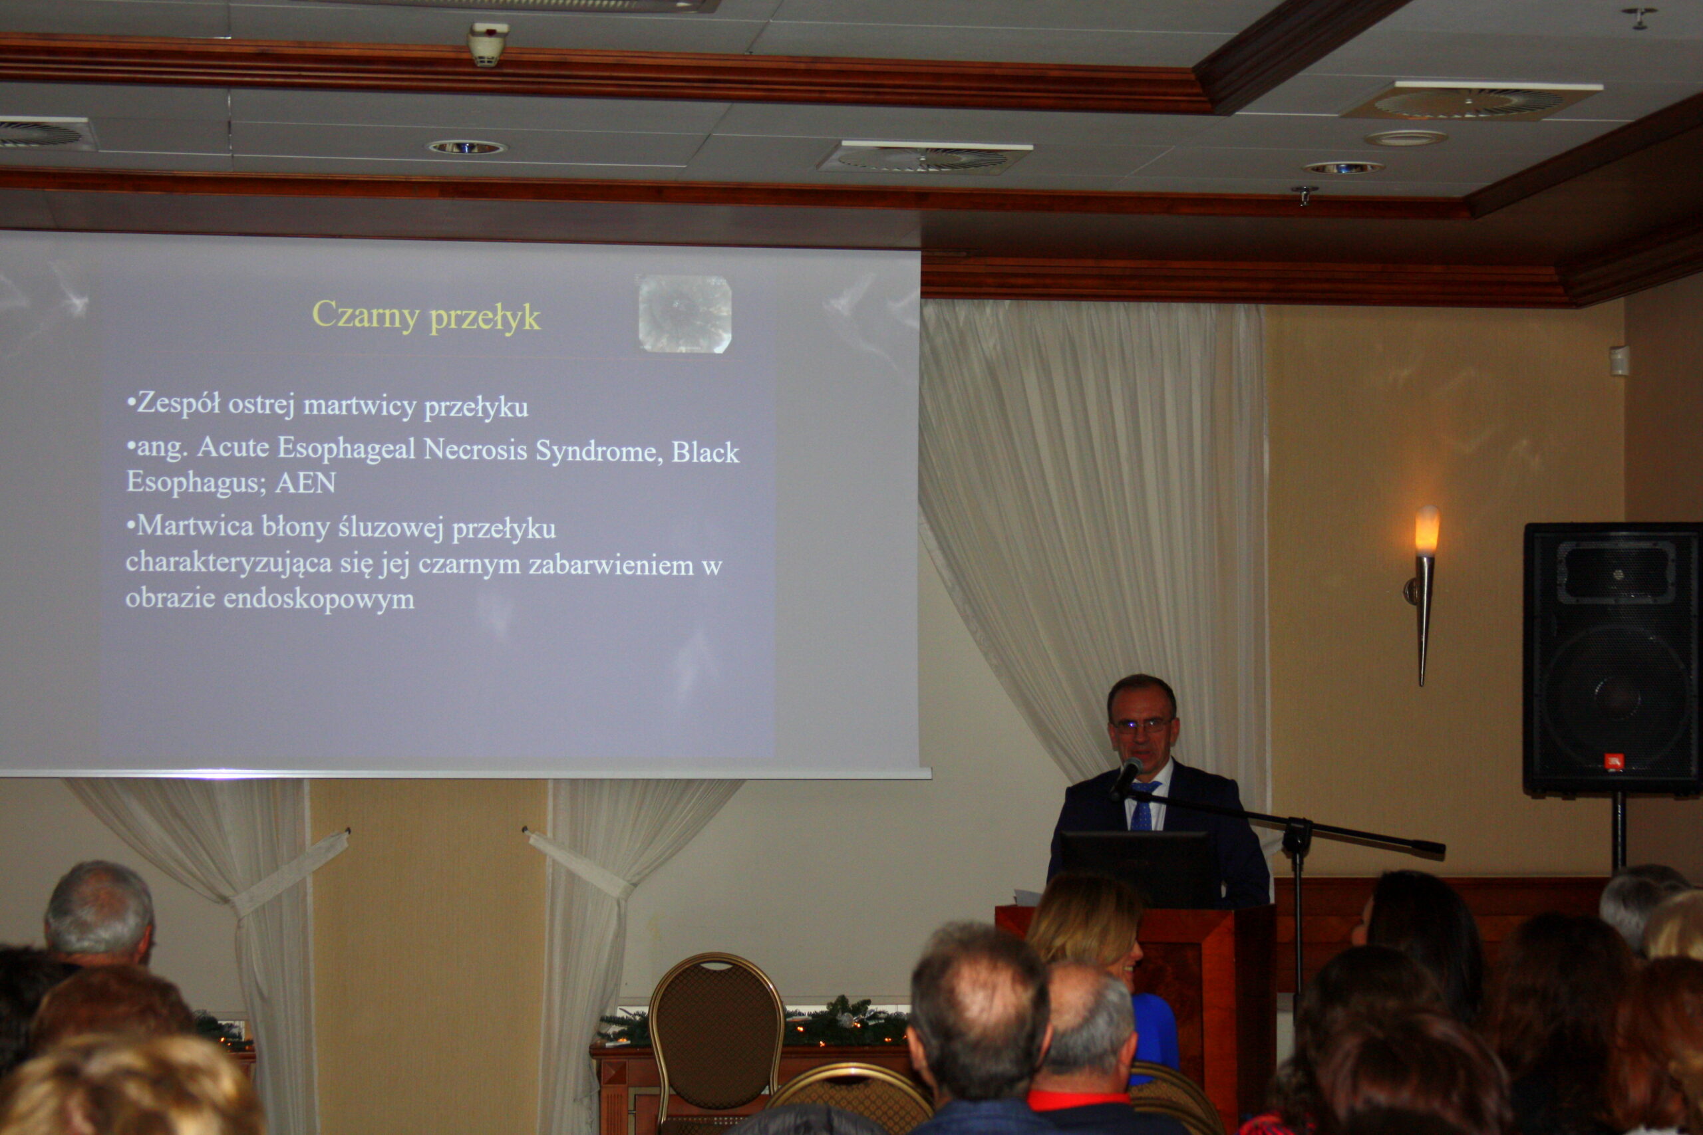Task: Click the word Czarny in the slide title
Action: (366, 316)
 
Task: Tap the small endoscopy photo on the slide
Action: (685, 313)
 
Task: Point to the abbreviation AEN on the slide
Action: (305, 482)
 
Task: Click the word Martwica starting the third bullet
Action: (195, 525)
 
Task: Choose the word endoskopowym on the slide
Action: (319, 599)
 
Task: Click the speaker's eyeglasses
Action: (1142, 724)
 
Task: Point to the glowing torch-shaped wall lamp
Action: (1424, 594)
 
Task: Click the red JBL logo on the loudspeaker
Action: (1614, 762)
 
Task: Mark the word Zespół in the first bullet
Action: (178, 403)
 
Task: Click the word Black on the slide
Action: (705, 451)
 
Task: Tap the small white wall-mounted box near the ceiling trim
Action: (1620, 360)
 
